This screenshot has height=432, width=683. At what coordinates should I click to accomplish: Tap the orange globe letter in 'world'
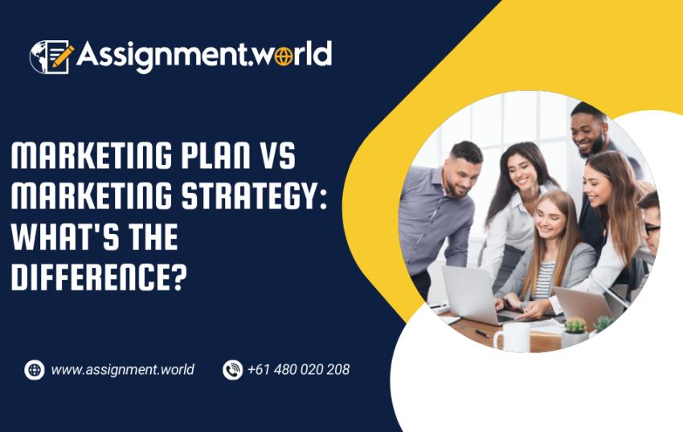[279, 56]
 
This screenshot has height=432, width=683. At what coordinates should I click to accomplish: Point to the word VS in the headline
[277, 158]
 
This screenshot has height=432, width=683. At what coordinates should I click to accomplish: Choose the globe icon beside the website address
[35, 370]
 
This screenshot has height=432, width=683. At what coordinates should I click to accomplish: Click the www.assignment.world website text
[122, 370]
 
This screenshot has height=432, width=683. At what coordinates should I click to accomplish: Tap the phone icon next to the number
[232, 370]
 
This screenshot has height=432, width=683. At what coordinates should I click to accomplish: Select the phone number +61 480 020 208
[298, 370]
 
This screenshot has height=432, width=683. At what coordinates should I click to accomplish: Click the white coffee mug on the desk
[512, 337]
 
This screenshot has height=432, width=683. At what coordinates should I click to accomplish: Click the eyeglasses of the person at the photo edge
[652, 228]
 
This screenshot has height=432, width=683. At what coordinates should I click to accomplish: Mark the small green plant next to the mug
[575, 327]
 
